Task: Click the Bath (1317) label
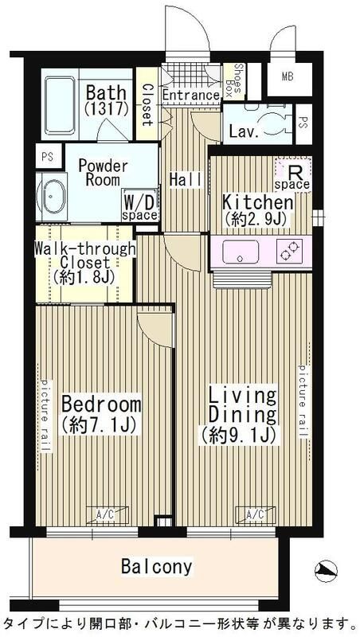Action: pyautogui.click(x=107, y=100)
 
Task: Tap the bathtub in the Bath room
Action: pyautogui.click(x=60, y=105)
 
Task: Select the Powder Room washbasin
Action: pyautogui.click(x=53, y=197)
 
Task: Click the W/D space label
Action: pyautogui.click(x=139, y=207)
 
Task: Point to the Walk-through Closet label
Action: pyautogui.click(x=84, y=263)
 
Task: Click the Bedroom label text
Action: pyautogui.click(x=102, y=414)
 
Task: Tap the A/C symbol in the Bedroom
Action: pyautogui.click(x=108, y=514)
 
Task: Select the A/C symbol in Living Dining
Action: pyautogui.click(x=255, y=514)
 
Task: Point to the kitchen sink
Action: pyautogui.click(x=241, y=252)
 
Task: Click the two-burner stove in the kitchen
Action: pyautogui.click(x=289, y=251)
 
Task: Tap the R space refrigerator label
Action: pyautogui.click(x=293, y=178)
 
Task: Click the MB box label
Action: pyautogui.click(x=288, y=76)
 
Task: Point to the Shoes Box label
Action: pyautogui.click(x=233, y=81)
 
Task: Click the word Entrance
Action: pyautogui.click(x=191, y=96)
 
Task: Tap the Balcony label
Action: pyautogui.click(x=156, y=566)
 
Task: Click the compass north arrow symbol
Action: pyautogui.click(x=326, y=571)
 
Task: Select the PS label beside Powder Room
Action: pyautogui.click(x=49, y=156)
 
